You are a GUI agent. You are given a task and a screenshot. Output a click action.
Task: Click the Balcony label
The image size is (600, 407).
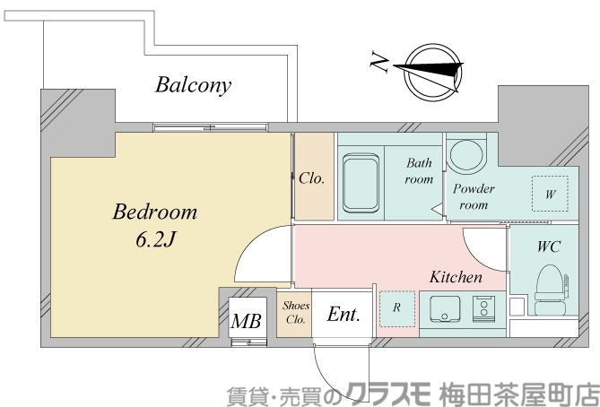click(193, 86)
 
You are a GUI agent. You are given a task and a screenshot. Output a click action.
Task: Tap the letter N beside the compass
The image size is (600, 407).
click(379, 63)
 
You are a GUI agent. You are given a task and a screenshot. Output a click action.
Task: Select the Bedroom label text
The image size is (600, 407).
click(154, 213)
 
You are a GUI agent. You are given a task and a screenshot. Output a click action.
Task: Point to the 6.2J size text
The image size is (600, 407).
click(154, 241)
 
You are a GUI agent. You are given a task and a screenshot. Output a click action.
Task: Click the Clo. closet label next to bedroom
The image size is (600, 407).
click(311, 178)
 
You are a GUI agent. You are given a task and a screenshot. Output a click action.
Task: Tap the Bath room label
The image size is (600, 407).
click(420, 171)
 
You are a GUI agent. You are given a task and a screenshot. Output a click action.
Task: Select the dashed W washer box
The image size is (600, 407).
click(550, 193)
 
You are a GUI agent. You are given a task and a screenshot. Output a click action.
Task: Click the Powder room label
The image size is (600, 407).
click(474, 197)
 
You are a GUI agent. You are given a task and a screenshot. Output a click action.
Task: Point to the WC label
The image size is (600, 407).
click(549, 247)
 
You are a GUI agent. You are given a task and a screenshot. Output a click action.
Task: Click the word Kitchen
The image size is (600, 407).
click(456, 277)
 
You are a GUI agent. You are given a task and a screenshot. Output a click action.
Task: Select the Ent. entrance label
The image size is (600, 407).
click(343, 315)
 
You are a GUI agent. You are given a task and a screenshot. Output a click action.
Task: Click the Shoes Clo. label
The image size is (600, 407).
click(295, 313)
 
